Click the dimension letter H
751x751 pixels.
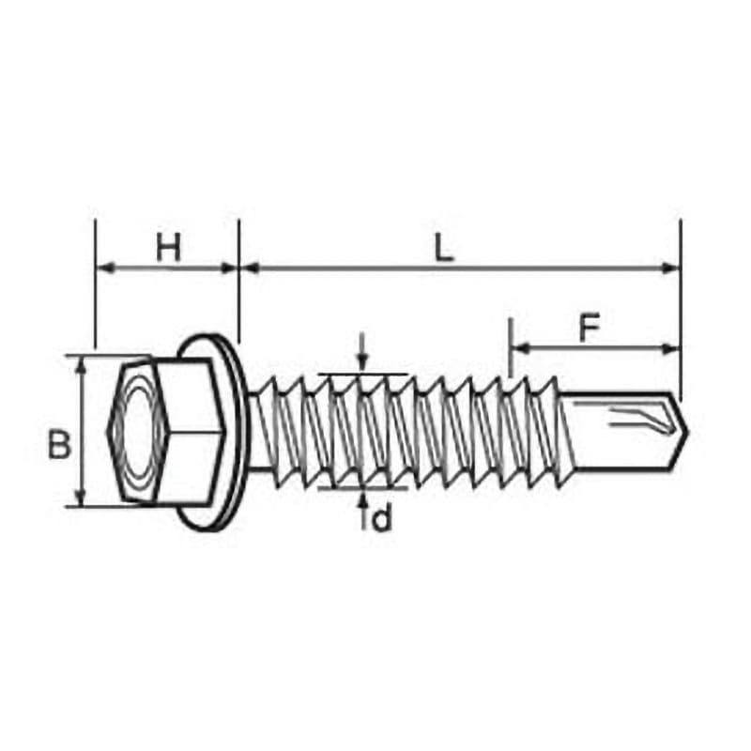click(x=170, y=249)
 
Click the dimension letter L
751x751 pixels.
click(x=444, y=249)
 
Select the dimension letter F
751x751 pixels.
click(x=590, y=329)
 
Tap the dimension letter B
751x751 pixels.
click(x=59, y=444)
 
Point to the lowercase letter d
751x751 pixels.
click(x=382, y=519)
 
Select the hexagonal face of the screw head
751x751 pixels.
click(x=138, y=431)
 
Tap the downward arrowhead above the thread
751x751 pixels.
click(x=362, y=361)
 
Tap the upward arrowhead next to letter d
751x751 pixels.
click(x=362, y=500)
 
